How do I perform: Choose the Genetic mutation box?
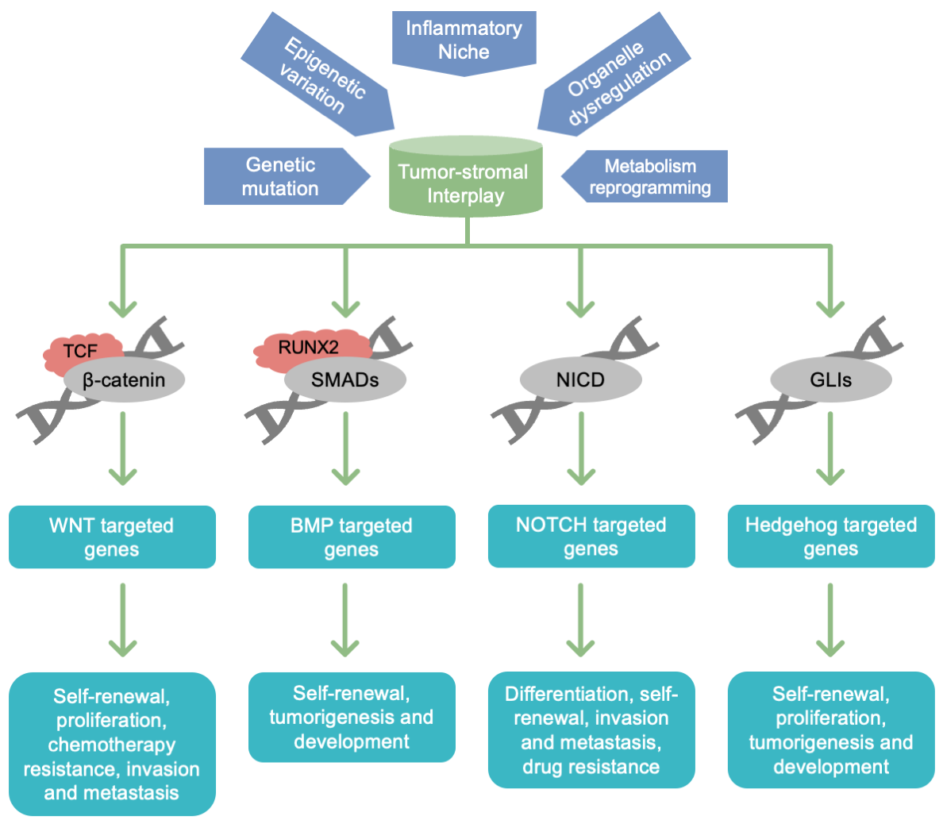282,176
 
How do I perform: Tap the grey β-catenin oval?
124,380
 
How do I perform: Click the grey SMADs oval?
345,380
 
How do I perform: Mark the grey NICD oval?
580,380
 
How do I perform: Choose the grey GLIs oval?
831,380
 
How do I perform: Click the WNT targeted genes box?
112,537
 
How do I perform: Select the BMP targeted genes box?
352,537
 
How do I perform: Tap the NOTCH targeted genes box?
591,537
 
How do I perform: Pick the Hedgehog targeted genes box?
831,537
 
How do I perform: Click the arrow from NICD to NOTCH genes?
581,448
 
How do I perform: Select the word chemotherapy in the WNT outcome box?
112,745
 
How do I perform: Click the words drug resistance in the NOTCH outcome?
591,767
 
